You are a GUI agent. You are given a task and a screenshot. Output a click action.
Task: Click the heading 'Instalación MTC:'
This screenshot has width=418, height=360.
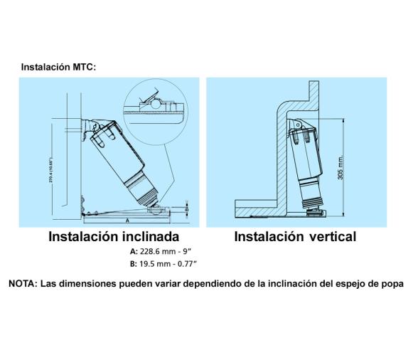[x=58, y=67]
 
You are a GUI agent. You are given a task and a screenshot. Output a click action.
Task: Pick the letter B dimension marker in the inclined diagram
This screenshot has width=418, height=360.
[x=186, y=210]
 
